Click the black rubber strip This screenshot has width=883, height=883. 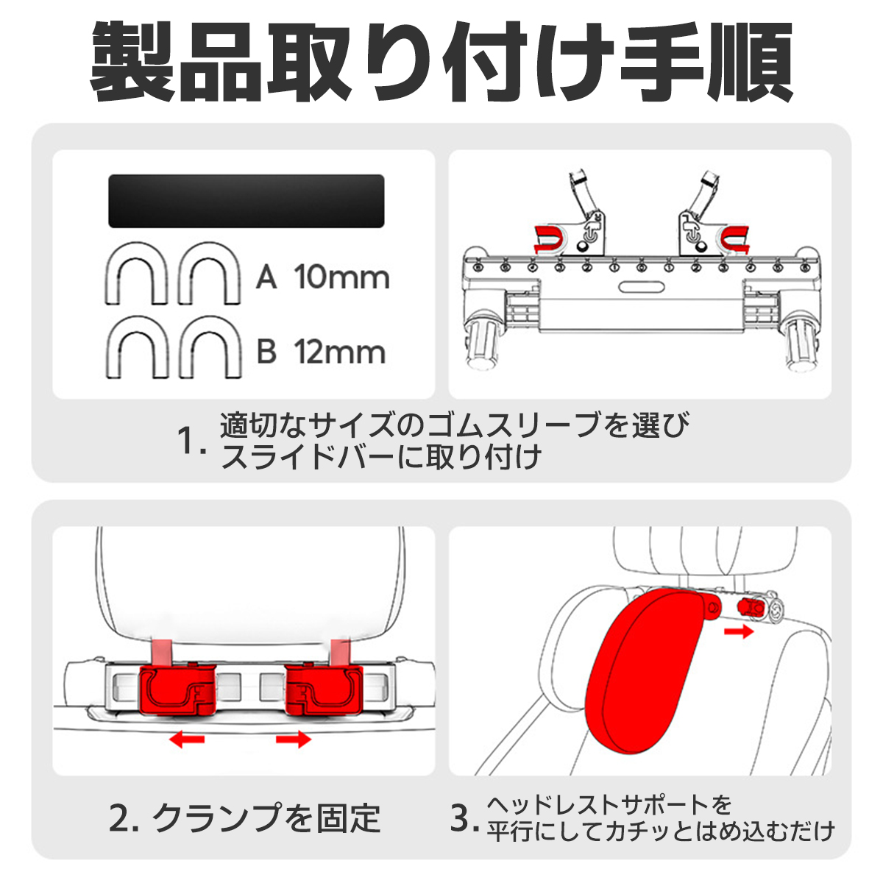pyautogui.click(x=246, y=201)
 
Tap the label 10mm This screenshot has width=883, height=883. pyautogui.click(x=341, y=277)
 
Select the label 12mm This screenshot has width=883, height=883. pyautogui.click(x=339, y=352)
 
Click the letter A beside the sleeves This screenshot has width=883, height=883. pyautogui.click(x=266, y=277)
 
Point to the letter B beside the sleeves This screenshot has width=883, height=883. pyautogui.click(x=266, y=352)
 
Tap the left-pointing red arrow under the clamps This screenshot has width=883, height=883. pyautogui.click(x=186, y=738)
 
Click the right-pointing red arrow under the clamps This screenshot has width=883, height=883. pyautogui.click(x=294, y=738)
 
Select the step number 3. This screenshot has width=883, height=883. pyautogui.click(x=464, y=819)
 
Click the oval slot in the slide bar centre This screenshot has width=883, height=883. pyautogui.click(x=642, y=287)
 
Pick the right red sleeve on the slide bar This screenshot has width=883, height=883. pyautogui.click(x=736, y=238)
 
